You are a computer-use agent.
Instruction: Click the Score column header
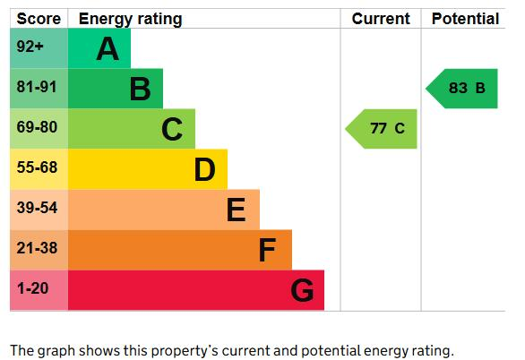tap(39, 19)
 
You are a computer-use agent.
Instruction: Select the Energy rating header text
tap(130, 20)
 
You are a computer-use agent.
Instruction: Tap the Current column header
tap(381, 19)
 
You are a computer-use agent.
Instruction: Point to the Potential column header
tap(465, 19)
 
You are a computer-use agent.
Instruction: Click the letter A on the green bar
tap(108, 49)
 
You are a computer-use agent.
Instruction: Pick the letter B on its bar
tap(140, 89)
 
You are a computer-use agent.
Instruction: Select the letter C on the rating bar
tap(172, 129)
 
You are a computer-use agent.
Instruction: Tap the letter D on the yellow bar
tap(204, 169)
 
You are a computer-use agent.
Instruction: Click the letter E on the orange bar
tap(236, 210)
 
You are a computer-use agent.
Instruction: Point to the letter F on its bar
tap(267, 250)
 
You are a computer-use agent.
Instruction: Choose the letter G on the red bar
tap(302, 290)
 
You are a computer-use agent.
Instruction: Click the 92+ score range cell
tap(39, 48)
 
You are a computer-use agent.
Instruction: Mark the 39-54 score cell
tap(39, 210)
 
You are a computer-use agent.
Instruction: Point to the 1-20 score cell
tap(39, 290)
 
